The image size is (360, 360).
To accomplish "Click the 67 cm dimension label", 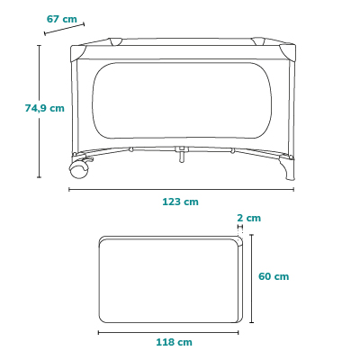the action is (62, 19).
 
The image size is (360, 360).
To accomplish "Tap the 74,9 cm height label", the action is (45, 108).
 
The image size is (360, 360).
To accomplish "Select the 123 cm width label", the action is (180, 202).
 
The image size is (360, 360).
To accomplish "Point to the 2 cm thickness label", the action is (248, 218).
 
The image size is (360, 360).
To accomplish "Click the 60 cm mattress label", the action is (274, 276).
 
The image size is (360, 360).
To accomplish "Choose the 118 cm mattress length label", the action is (174, 342).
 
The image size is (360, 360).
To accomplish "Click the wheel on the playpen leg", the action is (79, 170).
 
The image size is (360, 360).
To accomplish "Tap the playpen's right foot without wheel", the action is (287, 169).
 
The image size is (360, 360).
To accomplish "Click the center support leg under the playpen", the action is (182, 154).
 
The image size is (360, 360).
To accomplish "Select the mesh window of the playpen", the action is (182, 101).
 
